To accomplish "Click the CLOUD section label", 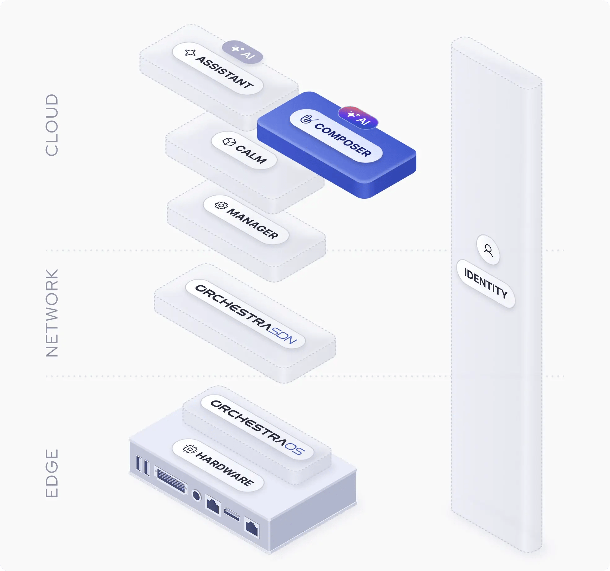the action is point(52,125).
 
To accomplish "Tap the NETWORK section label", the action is point(52,313).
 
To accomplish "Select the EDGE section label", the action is point(52,473).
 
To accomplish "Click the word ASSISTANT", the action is point(225,72).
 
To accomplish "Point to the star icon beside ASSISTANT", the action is point(190,53).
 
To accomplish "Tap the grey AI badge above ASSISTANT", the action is point(242,52).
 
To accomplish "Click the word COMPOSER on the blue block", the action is point(343,140).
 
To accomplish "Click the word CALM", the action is point(251,154).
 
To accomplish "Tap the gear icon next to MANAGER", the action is point(221,205).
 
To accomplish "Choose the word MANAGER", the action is point(253,223).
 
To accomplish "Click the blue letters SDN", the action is point(282,336).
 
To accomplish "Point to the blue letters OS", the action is point(295,448).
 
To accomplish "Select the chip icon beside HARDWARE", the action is point(190,449).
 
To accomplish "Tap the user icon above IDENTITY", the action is point(488,250).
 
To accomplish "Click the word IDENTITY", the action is point(486,283).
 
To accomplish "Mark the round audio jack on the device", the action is point(196,495).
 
